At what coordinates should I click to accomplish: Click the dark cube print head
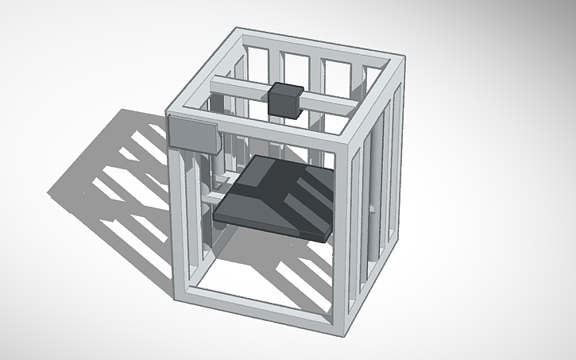point(285,100)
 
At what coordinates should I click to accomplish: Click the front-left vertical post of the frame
point(180,215)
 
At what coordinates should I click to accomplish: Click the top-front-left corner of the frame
point(173,111)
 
